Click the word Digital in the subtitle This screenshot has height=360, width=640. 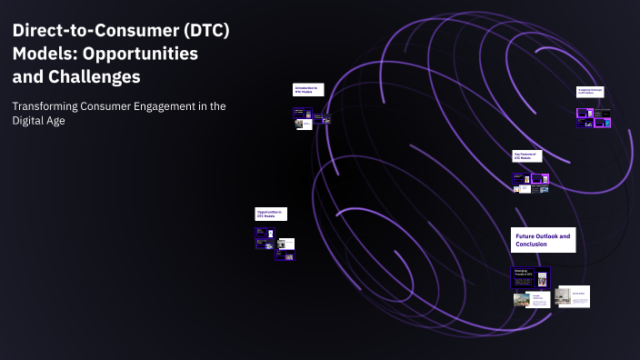pyautogui.click(x=30, y=122)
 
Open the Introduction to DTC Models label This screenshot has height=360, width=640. pyautogui.click(x=306, y=90)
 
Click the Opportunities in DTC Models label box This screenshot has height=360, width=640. pyautogui.click(x=271, y=214)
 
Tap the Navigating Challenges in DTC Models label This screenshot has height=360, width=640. pyautogui.click(x=591, y=91)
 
